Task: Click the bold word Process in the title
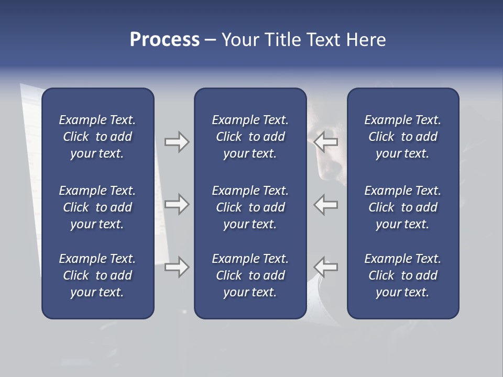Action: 165,40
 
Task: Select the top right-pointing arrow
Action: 177,141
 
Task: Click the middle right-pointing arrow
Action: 177,204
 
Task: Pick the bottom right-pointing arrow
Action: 177,267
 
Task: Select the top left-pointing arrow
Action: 326,141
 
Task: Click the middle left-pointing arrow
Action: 326,204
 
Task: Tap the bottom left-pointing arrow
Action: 326,267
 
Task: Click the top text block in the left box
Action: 97,137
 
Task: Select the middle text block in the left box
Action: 97,207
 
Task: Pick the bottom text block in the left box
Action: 97,275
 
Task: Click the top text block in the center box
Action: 250,137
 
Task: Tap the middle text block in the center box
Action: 250,207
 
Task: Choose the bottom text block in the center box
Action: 250,275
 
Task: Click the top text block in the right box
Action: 402,137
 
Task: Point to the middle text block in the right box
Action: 402,207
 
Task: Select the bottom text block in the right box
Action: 402,275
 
